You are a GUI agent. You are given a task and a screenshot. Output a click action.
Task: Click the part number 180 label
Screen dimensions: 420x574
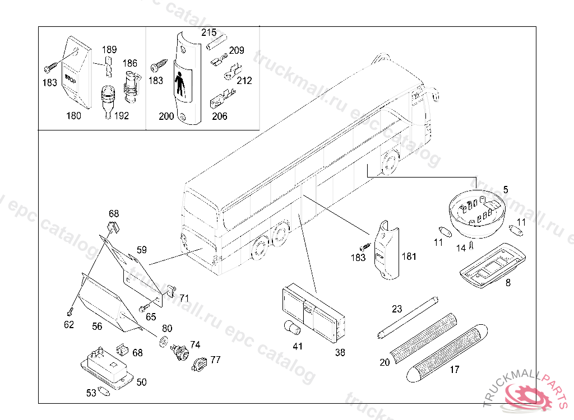(73, 116)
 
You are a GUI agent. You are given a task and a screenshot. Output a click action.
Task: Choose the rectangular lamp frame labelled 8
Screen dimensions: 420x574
(485, 264)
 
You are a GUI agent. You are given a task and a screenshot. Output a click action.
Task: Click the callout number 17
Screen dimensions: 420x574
(454, 369)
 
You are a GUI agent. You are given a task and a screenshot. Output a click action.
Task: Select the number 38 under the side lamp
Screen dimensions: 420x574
(340, 352)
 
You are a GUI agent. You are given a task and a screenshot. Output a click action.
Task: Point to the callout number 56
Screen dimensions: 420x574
(97, 326)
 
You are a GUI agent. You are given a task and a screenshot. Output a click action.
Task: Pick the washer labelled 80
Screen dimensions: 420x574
(164, 341)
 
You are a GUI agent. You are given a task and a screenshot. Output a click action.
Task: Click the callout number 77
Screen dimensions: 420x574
(215, 360)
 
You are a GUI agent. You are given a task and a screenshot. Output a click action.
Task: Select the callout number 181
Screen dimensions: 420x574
(409, 257)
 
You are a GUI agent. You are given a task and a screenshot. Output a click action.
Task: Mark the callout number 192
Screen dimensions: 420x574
(121, 116)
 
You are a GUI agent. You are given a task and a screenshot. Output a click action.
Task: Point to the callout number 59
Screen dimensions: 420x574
(142, 250)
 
